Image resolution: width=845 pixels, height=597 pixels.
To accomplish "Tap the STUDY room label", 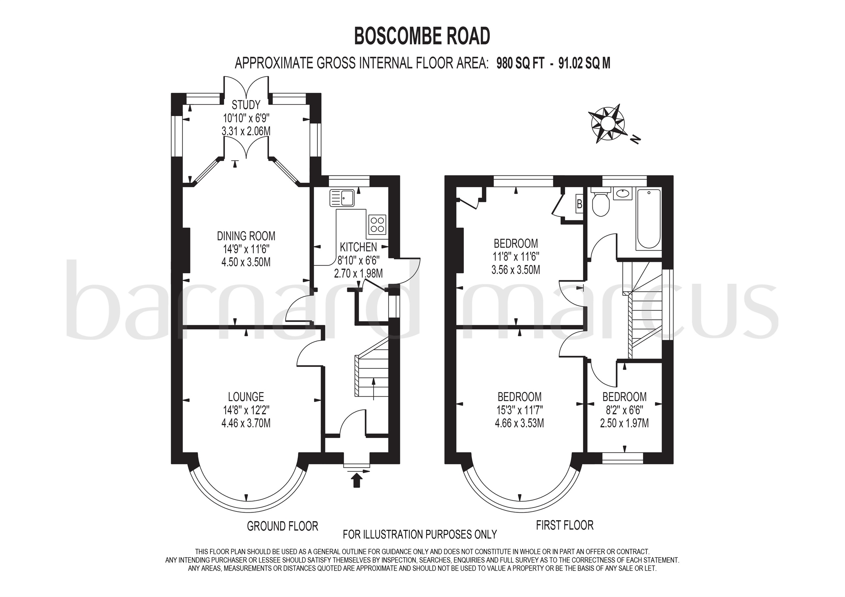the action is [x=246, y=105].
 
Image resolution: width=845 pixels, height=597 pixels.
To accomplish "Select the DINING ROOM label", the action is [x=246, y=236].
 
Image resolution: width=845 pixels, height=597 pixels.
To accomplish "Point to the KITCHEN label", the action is [x=358, y=247].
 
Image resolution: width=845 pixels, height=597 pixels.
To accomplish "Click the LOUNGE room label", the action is [x=246, y=396].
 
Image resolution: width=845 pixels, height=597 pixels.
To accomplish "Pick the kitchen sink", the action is [x=342, y=198].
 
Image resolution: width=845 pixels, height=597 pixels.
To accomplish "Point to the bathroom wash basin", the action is [x=623, y=193].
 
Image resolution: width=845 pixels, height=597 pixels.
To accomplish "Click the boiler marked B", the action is [x=579, y=204].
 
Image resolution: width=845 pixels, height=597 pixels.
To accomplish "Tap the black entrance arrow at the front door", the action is [x=356, y=480].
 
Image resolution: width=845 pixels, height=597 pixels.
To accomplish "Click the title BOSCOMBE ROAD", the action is [x=422, y=36].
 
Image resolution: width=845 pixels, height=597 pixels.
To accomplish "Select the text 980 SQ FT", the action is [x=520, y=63].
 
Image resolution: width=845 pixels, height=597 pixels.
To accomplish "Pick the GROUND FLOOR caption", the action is [x=282, y=526].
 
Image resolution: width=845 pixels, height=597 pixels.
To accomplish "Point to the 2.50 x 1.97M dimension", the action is [x=624, y=423].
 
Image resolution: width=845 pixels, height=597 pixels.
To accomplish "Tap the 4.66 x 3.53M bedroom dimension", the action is [x=519, y=423].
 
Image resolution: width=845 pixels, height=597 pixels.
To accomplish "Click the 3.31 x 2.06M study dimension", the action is [x=246, y=131].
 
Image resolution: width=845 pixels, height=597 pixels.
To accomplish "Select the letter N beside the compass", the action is [x=635, y=139].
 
